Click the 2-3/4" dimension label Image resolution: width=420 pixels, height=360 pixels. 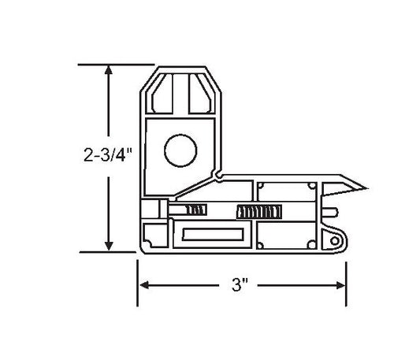(108, 155)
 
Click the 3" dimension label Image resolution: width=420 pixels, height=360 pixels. (240, 284)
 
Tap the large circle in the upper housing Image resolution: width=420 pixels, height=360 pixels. (180, 150)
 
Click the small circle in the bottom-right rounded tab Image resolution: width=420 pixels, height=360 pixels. (335, 241)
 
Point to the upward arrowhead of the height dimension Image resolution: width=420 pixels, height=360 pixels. (109, 69)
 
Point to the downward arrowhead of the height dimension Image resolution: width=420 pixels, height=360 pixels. (109, 246)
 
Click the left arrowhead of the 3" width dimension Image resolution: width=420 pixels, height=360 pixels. (144, 285)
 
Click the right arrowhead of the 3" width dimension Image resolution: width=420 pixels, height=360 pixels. (340, 285)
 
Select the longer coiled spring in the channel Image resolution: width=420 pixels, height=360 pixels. (259, 212)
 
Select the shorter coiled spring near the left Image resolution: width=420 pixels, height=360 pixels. (197, 210)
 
